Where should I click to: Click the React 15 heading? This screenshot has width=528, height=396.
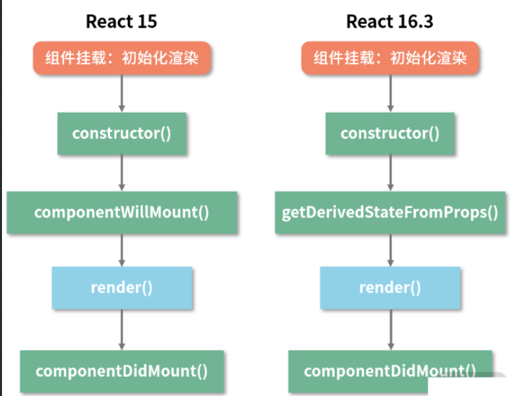121,21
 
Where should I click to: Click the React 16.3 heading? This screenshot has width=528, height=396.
390,21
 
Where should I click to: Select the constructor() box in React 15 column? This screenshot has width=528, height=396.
121,133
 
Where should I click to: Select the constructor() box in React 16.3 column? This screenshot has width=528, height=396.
390,133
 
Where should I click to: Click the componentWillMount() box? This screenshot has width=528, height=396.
121,212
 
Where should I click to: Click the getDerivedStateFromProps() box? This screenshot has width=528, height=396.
390,212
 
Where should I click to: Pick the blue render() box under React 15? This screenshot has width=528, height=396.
121,288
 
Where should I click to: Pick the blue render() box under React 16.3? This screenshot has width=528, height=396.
390,288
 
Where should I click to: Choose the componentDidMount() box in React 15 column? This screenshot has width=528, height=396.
121,371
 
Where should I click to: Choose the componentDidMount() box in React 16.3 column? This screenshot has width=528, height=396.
390,371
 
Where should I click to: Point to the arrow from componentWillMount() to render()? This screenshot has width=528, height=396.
121,250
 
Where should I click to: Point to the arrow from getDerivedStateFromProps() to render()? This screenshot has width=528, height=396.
390,250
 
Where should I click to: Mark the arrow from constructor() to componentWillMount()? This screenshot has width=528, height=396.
121,173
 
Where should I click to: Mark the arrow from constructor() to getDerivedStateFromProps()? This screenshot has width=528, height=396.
390,173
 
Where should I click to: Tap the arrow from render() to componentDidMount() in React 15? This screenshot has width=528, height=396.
121,329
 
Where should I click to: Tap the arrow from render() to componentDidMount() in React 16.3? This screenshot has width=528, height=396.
390,329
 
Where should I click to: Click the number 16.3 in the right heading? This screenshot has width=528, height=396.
413,21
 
